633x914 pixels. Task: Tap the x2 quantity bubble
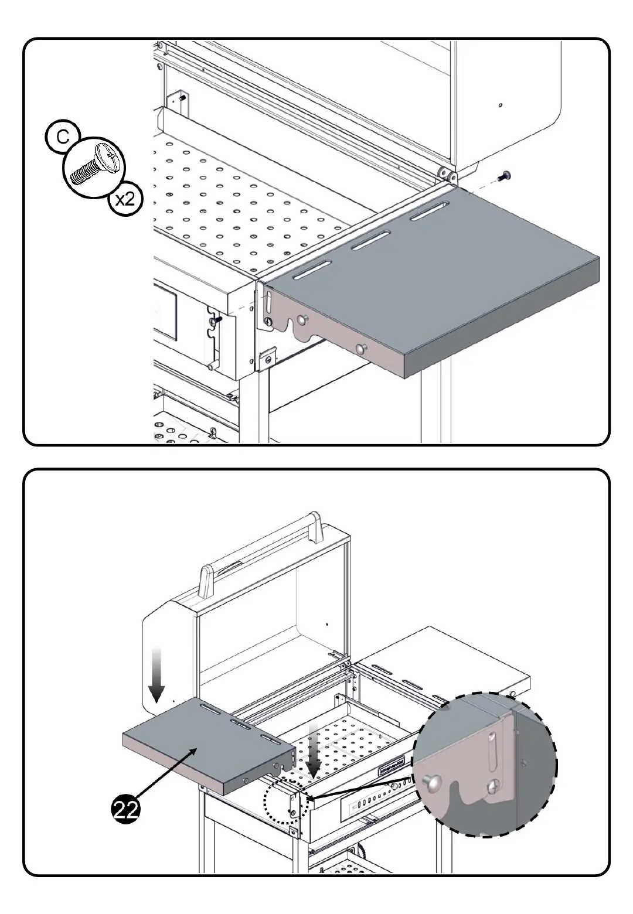pos(125,199)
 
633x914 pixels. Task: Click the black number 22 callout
pos(127,810)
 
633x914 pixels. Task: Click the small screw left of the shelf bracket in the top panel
pos(217,320)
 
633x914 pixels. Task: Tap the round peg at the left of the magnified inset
pos(431,780)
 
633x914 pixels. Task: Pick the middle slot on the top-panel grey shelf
pos(371,240)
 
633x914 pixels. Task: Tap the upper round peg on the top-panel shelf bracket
pos(303,320)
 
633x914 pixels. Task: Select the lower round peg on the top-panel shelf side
pos(359,349)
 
